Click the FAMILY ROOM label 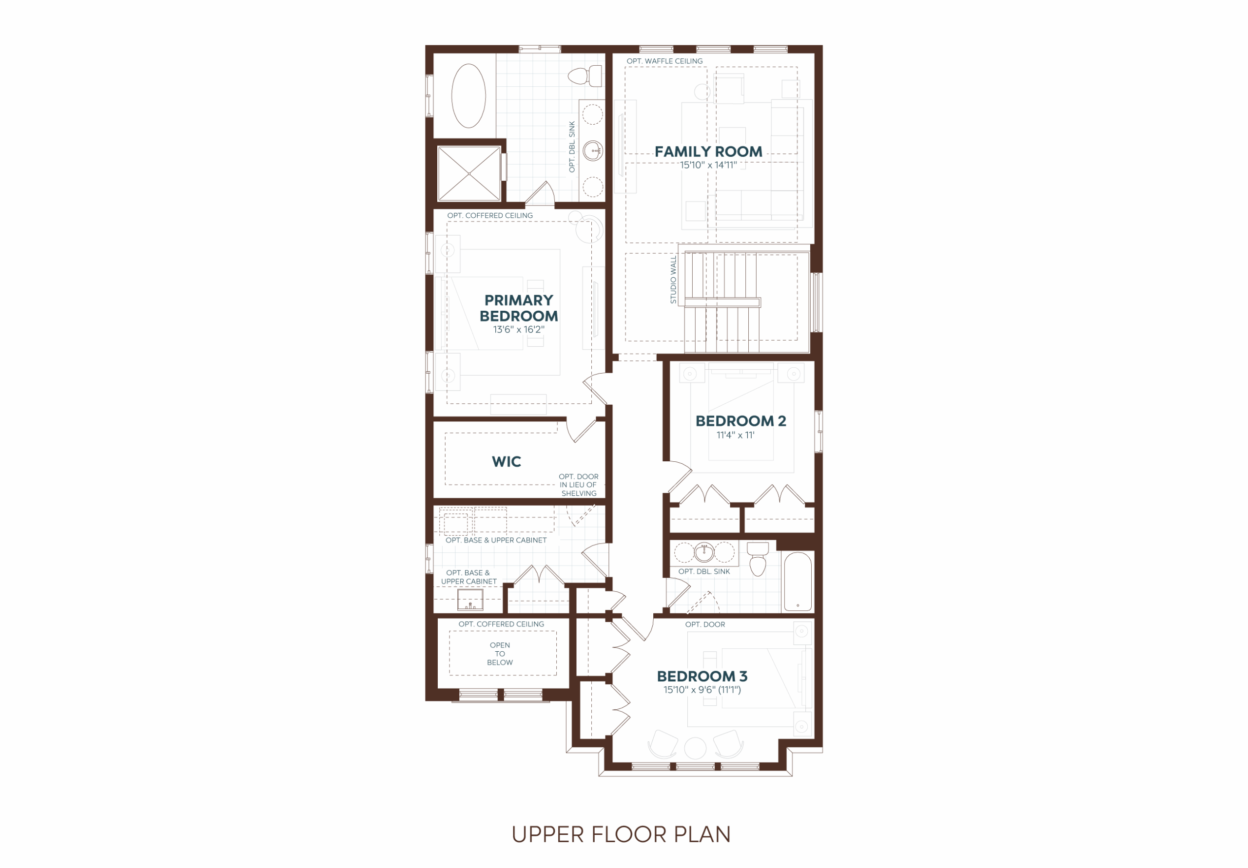tap(708, 151)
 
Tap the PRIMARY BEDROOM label tap(519, 308)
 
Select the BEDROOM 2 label tap(741, 421)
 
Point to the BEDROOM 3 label tap(702, 676)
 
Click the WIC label tap(506, 462)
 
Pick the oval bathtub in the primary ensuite tap(468, 95)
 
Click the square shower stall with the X tap(469, 173)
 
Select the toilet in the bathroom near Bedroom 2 tap(758, 558)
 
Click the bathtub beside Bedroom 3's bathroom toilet tap(798, 581)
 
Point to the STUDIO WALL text tap(673, 280)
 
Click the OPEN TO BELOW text tap(500, 654)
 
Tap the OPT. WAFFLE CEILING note tap(664, 61)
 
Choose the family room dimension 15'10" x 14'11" tap(708, 165)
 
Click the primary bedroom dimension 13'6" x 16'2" tap(519, 329)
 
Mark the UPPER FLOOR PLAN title tap(621, 834)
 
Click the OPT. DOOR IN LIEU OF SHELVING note tap(578, 485)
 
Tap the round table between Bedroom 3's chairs tap(695, 748)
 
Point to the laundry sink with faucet tap(470, 600)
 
